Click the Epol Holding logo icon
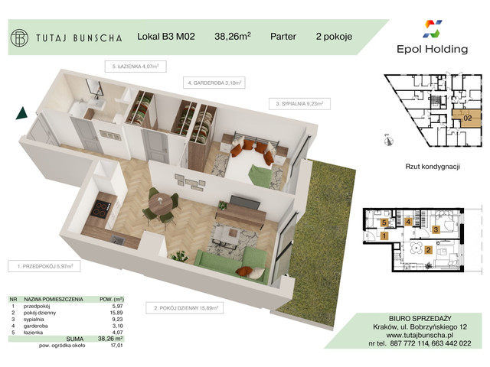point(433,30)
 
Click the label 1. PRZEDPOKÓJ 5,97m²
point(44,266)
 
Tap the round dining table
point(162,205)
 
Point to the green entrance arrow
point(20,115)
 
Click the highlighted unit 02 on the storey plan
point(467,118)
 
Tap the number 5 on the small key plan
point(384,222)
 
